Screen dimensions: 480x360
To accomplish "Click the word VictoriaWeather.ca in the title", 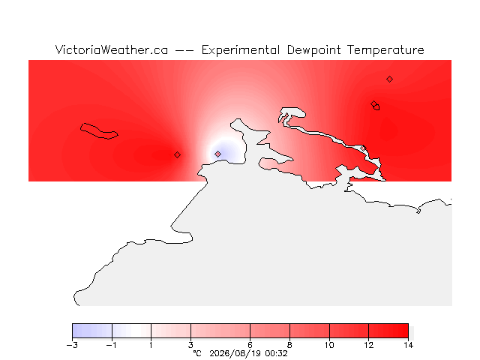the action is [112, 50].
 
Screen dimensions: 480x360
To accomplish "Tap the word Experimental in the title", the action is [241, 50].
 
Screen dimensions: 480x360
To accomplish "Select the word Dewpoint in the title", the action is [313, 50].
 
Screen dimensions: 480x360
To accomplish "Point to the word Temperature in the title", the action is [385, 50].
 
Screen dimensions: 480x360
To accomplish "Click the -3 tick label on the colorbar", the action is [72, 345].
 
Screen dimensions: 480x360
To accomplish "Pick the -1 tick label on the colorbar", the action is [112, 345].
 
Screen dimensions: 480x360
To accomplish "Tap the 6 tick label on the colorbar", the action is [250, 345].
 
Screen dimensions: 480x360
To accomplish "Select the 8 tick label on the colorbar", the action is [289, 345].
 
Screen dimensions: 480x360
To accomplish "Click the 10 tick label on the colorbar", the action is [329, 345].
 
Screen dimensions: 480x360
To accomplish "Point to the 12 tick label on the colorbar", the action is [369, 345].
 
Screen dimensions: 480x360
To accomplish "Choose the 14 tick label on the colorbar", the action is [408, 345].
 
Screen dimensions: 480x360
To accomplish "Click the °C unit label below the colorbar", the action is [197, 354].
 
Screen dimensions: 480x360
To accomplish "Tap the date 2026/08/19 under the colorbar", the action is [235, 354].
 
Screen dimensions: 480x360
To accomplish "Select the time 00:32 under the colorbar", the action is [277, 354].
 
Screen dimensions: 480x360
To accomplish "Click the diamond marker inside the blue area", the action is [217, 154].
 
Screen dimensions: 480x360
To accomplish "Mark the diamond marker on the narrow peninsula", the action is [363, 148].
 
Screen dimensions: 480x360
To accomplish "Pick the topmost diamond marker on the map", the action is [389, 79].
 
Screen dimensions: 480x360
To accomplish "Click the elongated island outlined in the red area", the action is [98, 131].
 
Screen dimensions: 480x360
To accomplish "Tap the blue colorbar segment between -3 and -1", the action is [92, 331].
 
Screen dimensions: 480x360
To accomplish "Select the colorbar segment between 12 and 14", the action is [388, 331].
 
